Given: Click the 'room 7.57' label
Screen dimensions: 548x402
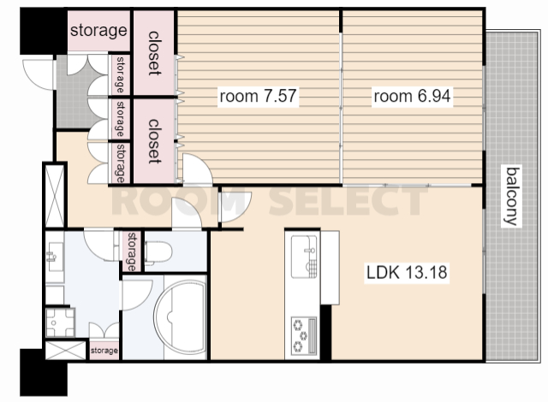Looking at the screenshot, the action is click(258, 96).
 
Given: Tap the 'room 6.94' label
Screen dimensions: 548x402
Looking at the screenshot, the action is click(412, 96).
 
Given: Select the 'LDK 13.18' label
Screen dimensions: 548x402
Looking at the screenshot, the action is click(407, 272).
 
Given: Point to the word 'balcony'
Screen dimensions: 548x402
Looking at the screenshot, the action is click(512, 197).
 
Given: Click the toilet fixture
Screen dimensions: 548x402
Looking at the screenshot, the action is click(158, 252).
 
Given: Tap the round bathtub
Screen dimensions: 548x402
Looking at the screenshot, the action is click(180, 318).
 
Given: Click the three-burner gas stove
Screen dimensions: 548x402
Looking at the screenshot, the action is click(304, 335).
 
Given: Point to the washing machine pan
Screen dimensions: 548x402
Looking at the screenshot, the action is click(60, 322).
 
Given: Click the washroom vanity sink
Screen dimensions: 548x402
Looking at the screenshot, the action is click(55, 257).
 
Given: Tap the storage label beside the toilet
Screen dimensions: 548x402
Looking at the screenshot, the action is click(131, 251).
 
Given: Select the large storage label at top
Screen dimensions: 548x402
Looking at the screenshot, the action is click(98, 30).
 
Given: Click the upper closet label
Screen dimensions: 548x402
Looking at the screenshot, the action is click(154, 53).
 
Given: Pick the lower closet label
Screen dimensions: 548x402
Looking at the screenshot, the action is click(154, 141).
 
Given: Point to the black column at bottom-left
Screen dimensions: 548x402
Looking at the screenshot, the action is click(44, 372).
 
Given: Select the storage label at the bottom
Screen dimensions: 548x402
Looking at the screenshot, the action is click(104, 350).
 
